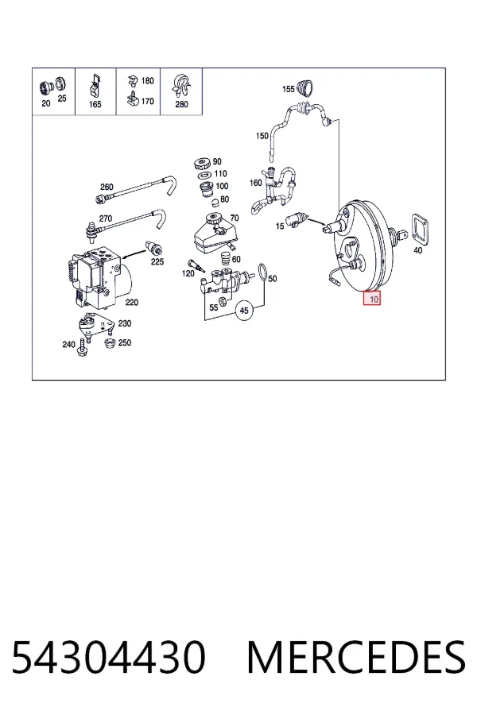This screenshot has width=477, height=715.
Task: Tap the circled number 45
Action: [x=244, y=311]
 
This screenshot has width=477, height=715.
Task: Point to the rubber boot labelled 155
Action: [x=305, y=88]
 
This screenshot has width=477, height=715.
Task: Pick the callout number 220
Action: [x=132, y=302]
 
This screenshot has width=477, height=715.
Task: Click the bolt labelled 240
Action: [x=82, y=346]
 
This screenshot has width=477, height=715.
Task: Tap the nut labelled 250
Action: [x=109, y=344]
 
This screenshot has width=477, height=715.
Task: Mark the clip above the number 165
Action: [x=95, y=85]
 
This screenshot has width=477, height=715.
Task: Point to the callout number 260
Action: [x=107, y=187]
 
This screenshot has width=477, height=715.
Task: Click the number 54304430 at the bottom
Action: [x=109, y=658]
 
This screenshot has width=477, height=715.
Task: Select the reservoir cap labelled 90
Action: [x=201, y=163]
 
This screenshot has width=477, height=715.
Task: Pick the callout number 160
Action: [x=256, y=183]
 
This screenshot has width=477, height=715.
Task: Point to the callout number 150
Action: [x=262, y=136]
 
